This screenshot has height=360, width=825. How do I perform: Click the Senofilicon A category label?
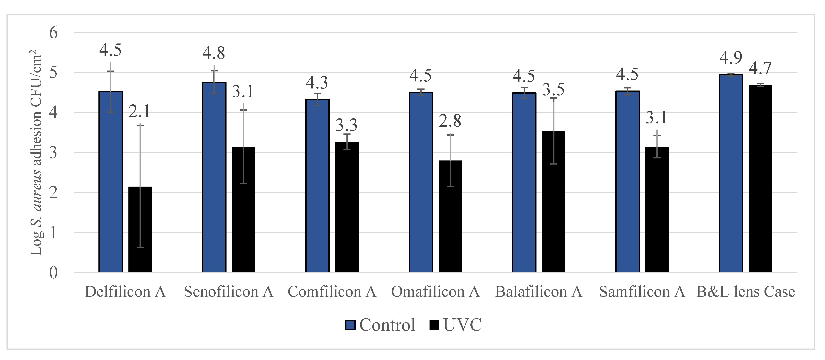coord(228,292)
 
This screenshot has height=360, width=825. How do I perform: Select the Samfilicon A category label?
coord(642,292)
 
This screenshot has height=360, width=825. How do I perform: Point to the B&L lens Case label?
coord(746,292)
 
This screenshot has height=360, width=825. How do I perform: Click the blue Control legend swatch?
coord(350,325)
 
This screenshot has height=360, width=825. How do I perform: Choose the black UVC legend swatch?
coord(434,325)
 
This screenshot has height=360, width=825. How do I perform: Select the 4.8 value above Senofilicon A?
coord(214,53)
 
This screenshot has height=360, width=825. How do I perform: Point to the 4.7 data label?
coord(760,68)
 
